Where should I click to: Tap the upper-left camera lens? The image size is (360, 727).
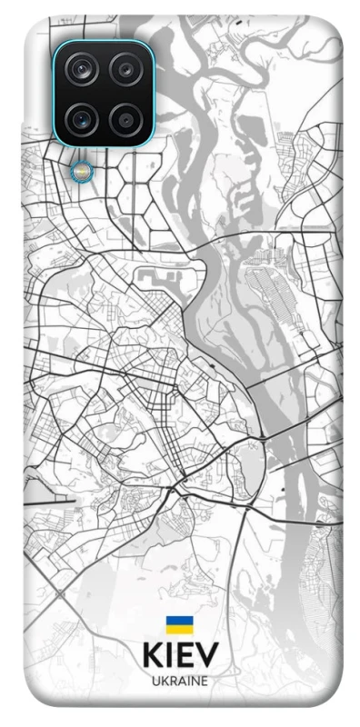[83, 69]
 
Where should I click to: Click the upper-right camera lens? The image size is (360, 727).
[124, 69]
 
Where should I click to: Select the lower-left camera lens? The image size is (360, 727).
[83, 116]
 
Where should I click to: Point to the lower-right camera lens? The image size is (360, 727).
[124, 116]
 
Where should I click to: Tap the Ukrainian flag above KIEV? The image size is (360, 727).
[179, 624]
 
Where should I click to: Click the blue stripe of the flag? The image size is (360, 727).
[179, 621]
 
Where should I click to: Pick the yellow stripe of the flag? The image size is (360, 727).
[179, 628]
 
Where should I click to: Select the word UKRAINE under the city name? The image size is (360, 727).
[179, 680]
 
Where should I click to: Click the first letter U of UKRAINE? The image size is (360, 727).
[155, 680]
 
